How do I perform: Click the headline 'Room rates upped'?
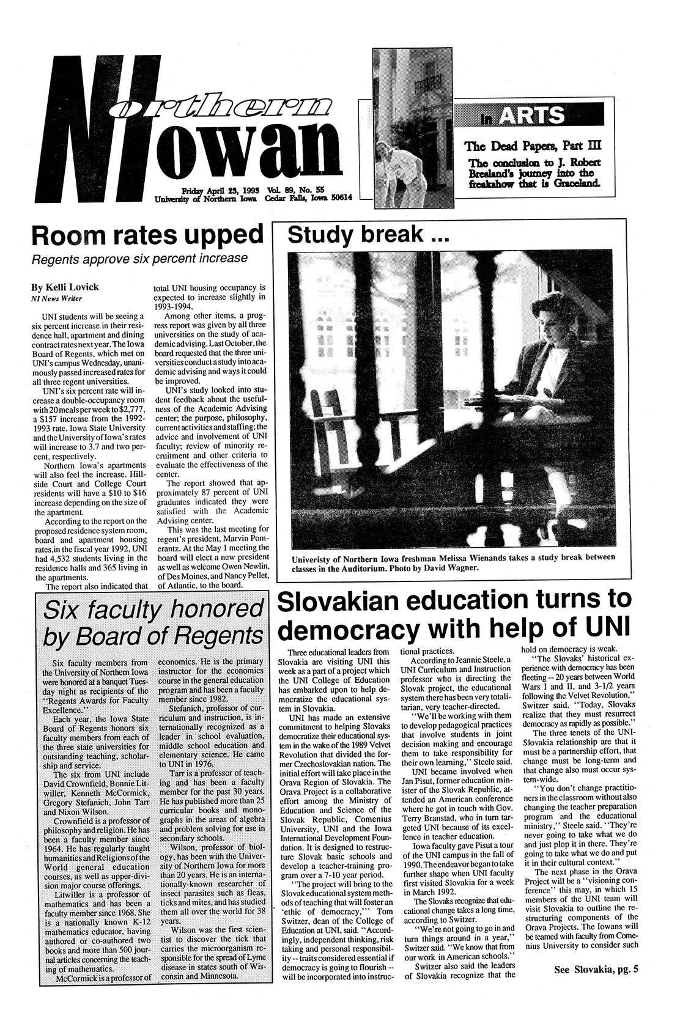click(144, 235)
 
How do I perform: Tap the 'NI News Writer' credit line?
click(53, 298)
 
